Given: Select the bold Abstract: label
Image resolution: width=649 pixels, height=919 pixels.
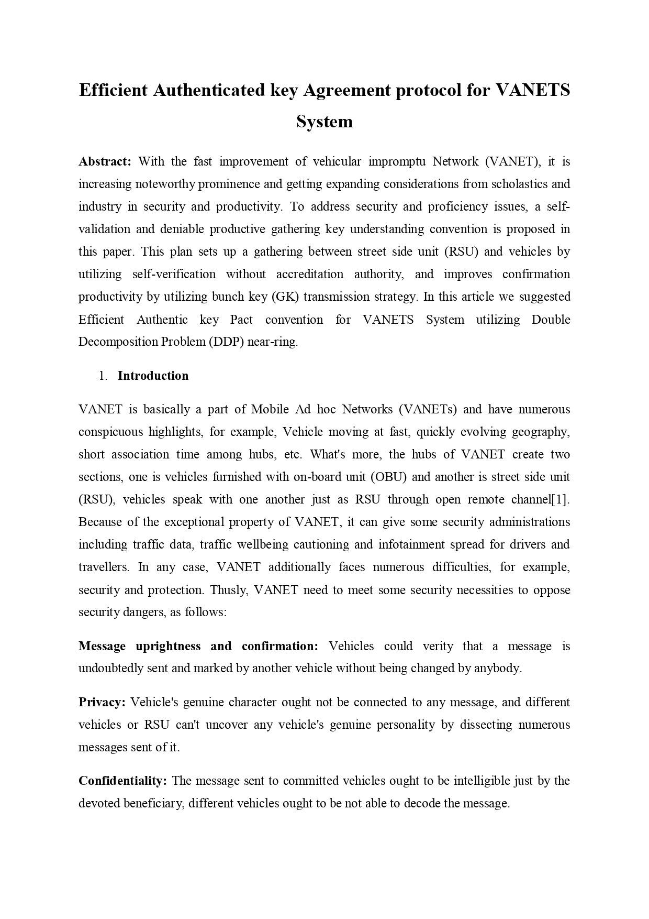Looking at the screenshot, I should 105,161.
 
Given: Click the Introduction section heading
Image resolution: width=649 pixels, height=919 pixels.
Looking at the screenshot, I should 153,376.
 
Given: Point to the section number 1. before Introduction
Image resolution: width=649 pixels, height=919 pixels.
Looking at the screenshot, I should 103,376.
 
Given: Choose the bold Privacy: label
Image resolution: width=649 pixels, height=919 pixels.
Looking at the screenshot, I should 102,702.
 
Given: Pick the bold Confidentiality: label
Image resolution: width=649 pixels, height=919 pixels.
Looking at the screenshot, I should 122,781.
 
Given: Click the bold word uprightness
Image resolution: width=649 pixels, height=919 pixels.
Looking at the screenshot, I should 168,646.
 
